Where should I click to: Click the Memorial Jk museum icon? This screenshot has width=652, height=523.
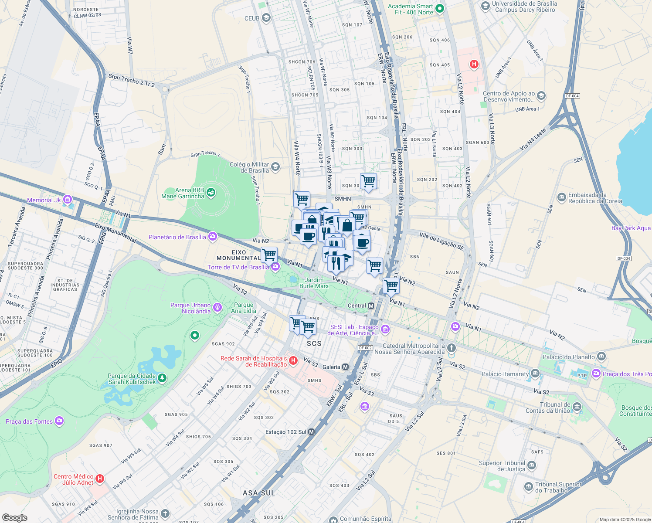68,200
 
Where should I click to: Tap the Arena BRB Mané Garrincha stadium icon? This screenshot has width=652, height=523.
211,193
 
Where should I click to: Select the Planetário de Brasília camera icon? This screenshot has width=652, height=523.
213,237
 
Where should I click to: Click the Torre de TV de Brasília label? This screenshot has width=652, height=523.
238,267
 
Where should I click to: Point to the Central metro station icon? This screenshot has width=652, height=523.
371,306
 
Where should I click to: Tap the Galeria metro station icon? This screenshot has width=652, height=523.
346,367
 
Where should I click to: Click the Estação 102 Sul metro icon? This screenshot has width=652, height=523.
312,432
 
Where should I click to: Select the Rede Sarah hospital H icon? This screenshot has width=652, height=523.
293,360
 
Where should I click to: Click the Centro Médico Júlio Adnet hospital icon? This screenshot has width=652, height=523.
100,479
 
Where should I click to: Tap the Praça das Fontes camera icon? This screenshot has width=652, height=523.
59,421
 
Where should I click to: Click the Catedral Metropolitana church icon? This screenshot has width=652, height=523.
452,348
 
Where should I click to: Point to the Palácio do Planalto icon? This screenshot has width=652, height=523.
601,357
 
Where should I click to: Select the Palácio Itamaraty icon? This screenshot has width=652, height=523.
535,374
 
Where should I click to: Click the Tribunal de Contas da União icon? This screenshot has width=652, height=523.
577,407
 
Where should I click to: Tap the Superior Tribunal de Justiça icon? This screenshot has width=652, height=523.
532,465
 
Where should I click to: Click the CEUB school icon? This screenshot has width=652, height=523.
266,18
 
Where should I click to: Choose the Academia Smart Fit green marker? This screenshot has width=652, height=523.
440,9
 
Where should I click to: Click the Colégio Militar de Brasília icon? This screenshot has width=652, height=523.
275,167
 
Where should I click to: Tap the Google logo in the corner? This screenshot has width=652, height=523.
14,517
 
